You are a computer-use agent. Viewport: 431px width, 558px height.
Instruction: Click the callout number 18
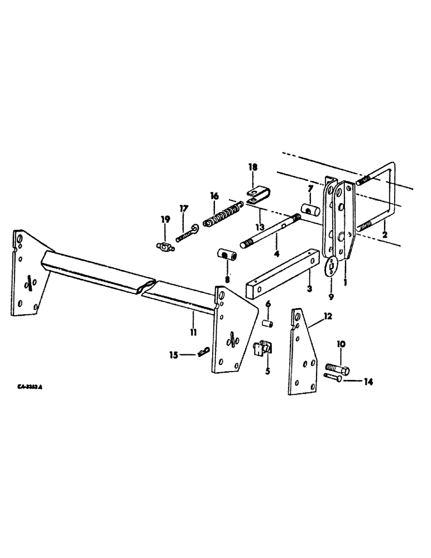coord(252,167)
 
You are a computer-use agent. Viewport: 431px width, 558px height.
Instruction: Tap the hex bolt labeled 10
coord(338,368)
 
